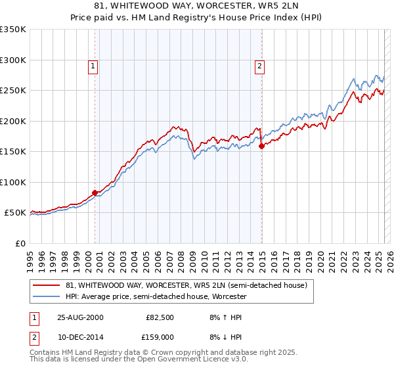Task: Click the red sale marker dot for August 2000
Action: (95, 193)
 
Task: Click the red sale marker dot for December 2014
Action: (261, 146)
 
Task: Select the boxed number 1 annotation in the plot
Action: (93, 66)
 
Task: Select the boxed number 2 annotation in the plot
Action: (260, 66)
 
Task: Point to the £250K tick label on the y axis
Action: (13, 91)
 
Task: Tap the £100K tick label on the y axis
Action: (13, 182)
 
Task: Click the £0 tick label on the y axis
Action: (20, 243)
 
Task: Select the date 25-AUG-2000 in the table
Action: (80, 317)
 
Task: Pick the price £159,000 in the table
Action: (160, 336)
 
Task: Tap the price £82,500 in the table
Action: (160, 317)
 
